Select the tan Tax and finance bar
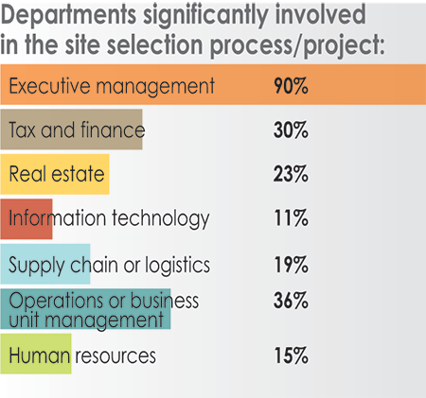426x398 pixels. [72, 130]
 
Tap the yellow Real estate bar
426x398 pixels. [55, 174]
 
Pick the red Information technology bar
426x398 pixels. [27, 218]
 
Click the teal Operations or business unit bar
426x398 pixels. [85, 309]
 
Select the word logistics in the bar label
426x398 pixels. [176, 265]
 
